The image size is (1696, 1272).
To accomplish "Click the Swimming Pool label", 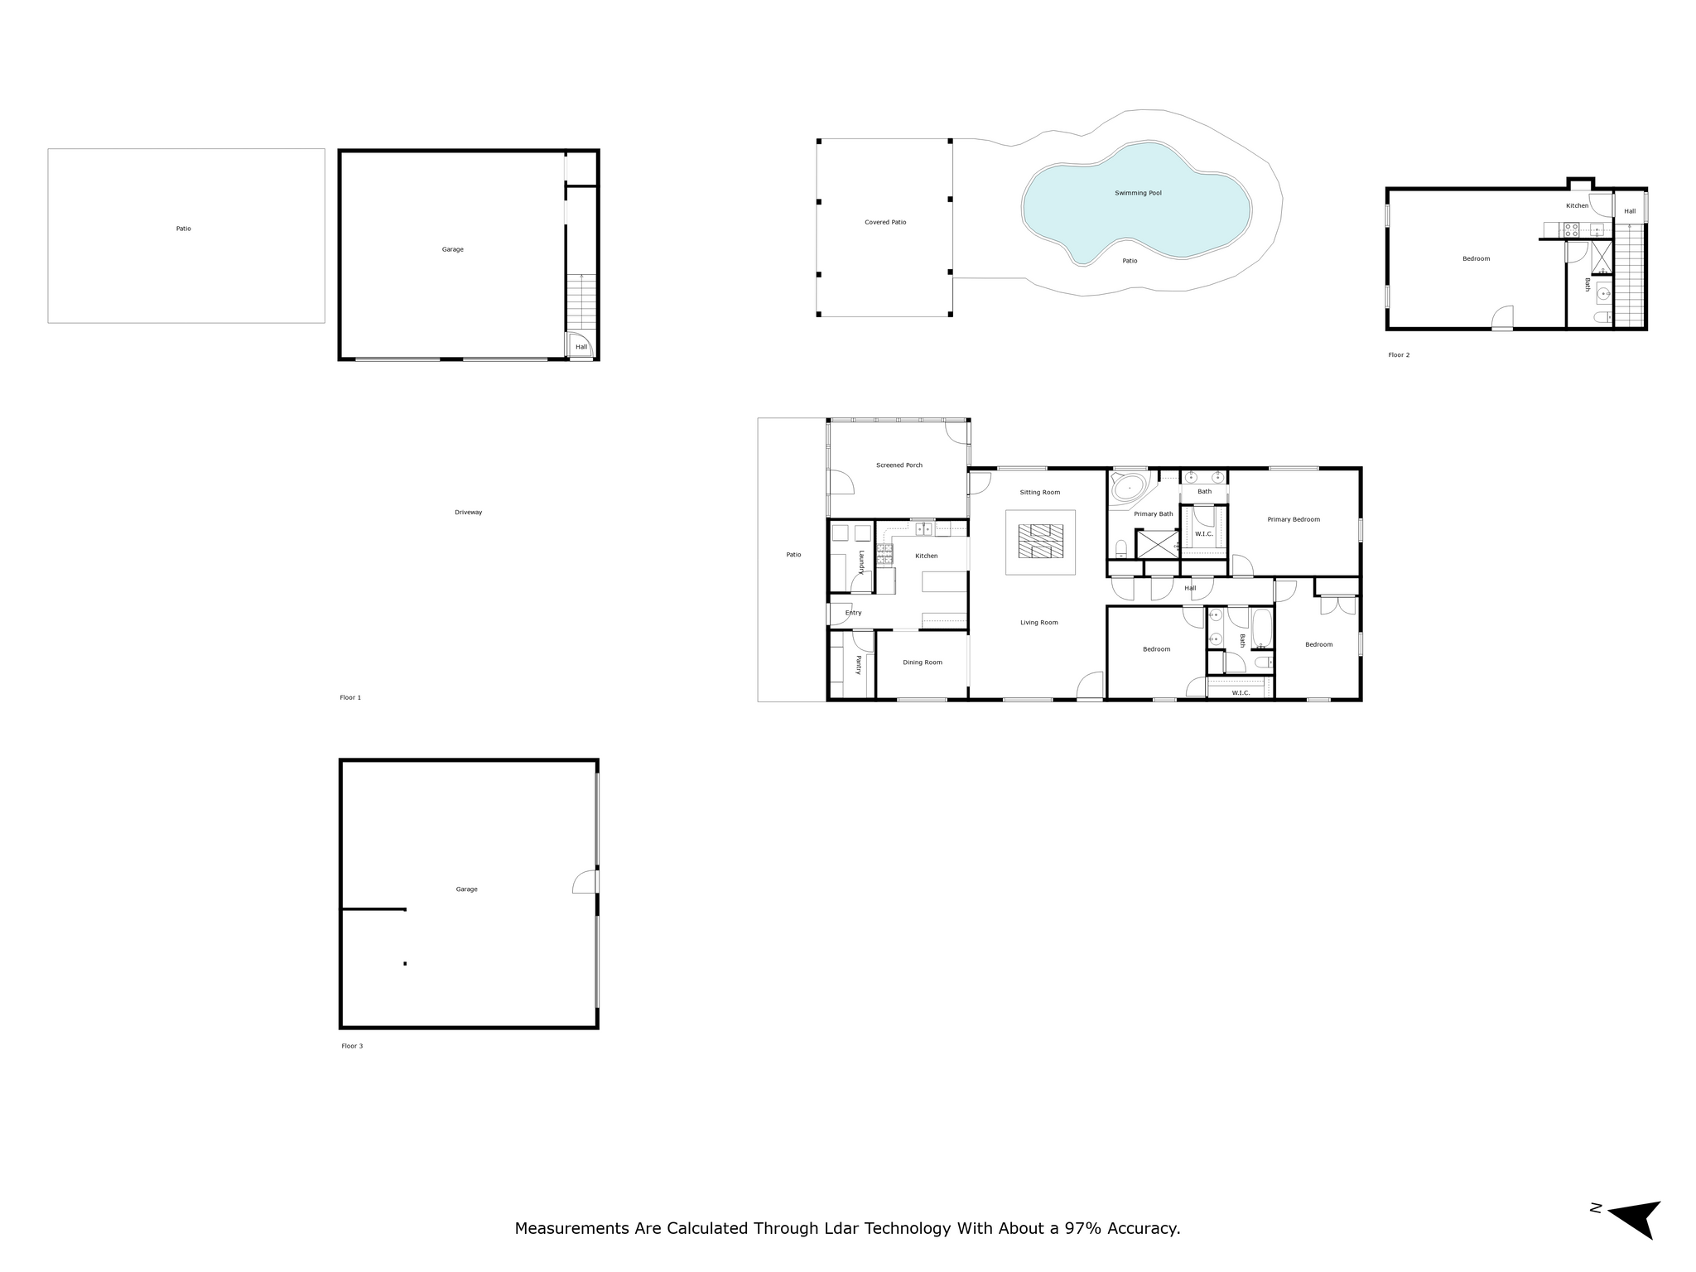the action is click(x=1138, y=193).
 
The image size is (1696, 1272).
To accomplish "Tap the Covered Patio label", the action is click(x=885, y=222).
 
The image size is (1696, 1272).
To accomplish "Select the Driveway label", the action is click(x=468, y=513).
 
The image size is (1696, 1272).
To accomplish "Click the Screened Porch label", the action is click(x=899, y=465).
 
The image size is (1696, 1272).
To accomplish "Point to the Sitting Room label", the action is click(x=1039, y=493).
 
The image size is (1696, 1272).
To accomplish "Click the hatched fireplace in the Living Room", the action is click(x=1041, y=542).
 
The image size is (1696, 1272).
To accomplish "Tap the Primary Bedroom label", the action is click(x=1294, y=520).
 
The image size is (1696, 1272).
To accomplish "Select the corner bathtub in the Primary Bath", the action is click(x=1129, y=487).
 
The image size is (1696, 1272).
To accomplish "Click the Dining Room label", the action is click(x=923, y=662).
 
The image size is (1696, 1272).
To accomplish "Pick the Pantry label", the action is click(x=859, y=665).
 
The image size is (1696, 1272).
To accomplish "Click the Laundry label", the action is click(x=861, y=562).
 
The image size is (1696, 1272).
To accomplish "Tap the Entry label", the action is click(x=854, y=613).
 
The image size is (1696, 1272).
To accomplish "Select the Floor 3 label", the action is click(x=352, y=1046).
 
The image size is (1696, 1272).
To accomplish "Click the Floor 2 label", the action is click(x=1399, y=355).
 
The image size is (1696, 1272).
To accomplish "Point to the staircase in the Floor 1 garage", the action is click(x=581, y=302).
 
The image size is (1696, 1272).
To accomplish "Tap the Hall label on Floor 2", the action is click(x=1630, y=211).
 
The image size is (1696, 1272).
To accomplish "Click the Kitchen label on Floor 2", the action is click(x=1577, y=205).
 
